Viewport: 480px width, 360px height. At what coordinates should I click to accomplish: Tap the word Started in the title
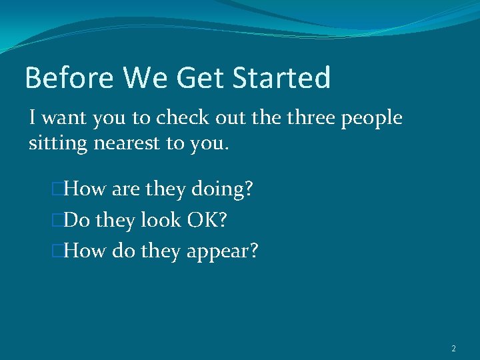point(281,78)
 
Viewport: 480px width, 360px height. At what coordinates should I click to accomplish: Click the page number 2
point(453,349)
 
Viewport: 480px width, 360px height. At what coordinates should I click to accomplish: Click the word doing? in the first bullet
point(222,190)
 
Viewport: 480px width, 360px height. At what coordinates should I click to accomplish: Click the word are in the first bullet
point(125,190)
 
